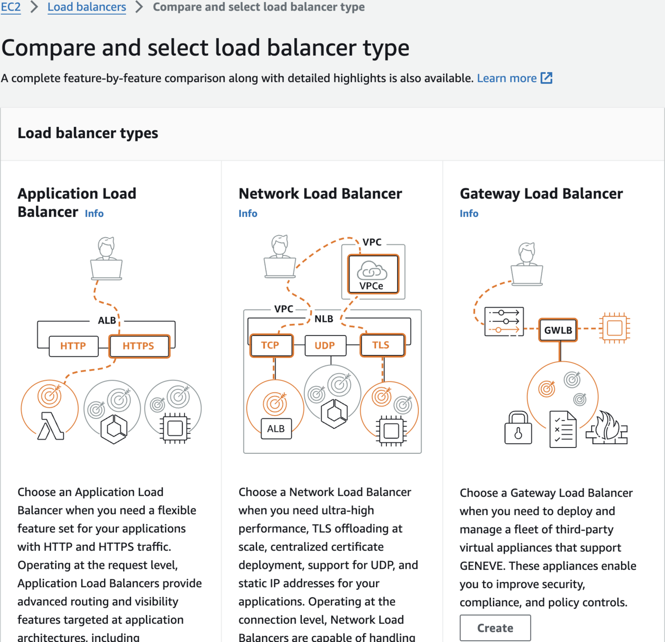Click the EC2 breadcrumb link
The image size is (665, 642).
point(10,7)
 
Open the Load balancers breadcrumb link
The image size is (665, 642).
point(87,7)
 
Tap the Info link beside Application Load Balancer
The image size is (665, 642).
point(94,214)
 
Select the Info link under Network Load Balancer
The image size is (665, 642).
point(248,214)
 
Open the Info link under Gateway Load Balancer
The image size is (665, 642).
point(469,214)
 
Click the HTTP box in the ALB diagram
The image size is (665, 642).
point(73,346)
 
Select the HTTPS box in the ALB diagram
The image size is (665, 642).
point(139,346)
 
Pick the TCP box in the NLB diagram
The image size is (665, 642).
point(270,345)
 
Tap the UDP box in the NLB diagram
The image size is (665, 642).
point(325,345)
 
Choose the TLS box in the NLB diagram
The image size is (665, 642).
point(382,345)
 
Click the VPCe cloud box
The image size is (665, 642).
point(373,274)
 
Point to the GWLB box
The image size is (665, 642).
point(558,330)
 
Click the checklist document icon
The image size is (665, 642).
point(563,429)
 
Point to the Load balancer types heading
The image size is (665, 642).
point(88,133)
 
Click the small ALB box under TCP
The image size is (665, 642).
point(276,428)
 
